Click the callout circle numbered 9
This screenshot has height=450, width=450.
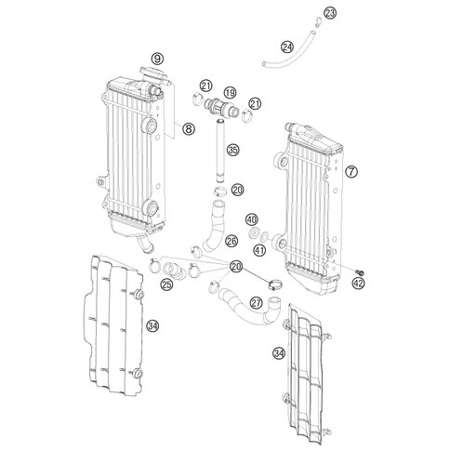(x=157, y=59)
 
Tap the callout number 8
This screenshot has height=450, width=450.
(x=189, y=128)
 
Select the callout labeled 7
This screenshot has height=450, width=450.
(x=351, y=171)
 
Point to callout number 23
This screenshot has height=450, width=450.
(x=330, y=13)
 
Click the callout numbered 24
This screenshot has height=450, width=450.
(x=287, y=47)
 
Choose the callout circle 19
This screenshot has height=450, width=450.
(x=230, y=92)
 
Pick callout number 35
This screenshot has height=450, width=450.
(x=233, y=151)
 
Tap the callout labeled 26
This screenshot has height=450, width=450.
(x=232, y=241)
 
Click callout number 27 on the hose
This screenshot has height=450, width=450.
(x=257, y=303)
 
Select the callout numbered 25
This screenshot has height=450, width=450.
(x=166, y=284)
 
